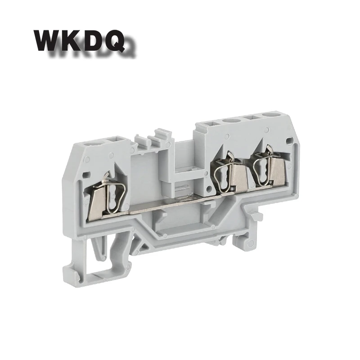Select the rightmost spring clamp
tap(262, 165)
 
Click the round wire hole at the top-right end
tap(270, 114)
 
